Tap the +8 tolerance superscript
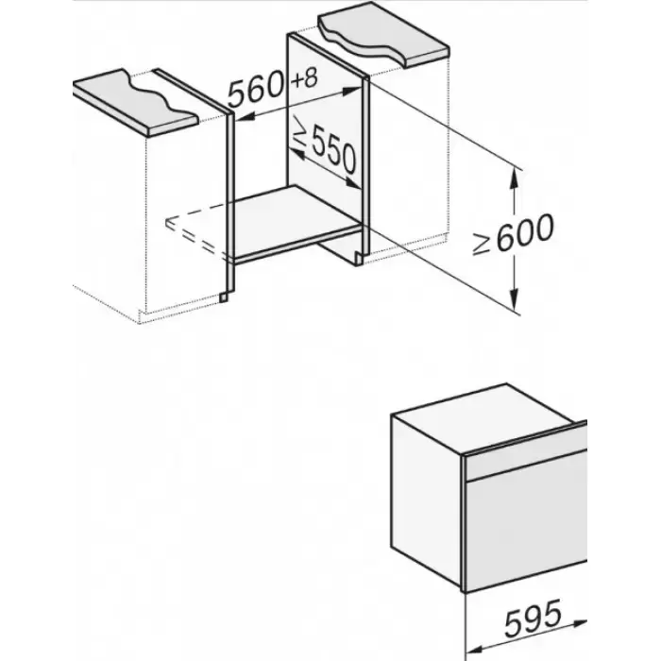pos(304,78)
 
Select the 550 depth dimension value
pos(333,151)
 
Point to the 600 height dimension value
pos(525,233)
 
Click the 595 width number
pos(533,618)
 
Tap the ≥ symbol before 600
pos(481,245)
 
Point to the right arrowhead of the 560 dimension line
pos(352,91)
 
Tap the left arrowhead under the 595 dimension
pos(476,648)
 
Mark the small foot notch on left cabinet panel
pos(224,297)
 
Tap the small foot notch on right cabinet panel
pos(358,260)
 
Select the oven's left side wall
pos(426,500)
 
